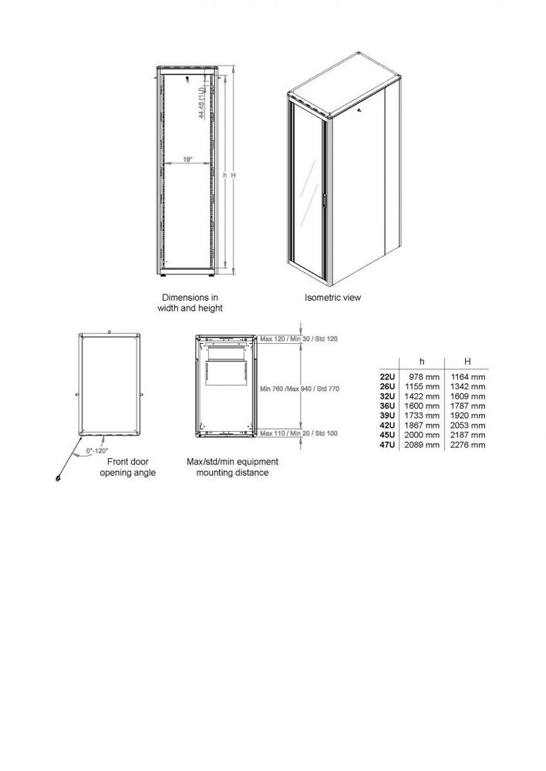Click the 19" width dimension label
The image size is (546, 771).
click(x=187, y=159)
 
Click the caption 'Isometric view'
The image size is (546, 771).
click(x=332, y=297)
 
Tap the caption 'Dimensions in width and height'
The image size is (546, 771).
click(x=192, y=302)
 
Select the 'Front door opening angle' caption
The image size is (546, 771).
click(x=128, y=466)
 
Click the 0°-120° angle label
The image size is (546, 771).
click(x=97, y=449)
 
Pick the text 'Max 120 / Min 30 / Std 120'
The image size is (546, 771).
click(x=299, y=339)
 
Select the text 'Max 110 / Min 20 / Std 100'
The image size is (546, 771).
click(x=299, y=434)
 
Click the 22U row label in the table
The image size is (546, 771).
click(x=386, y=376)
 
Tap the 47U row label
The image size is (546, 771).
click(x=386, y=445)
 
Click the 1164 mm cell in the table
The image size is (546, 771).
click(x=470, y=376)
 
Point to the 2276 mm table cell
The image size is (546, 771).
click(x=470, y=445)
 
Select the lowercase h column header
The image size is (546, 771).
click(x=421, y=362)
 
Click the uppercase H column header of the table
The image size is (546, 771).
click(x=467, y=362)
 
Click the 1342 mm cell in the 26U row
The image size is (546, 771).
click(x=470, y=385)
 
